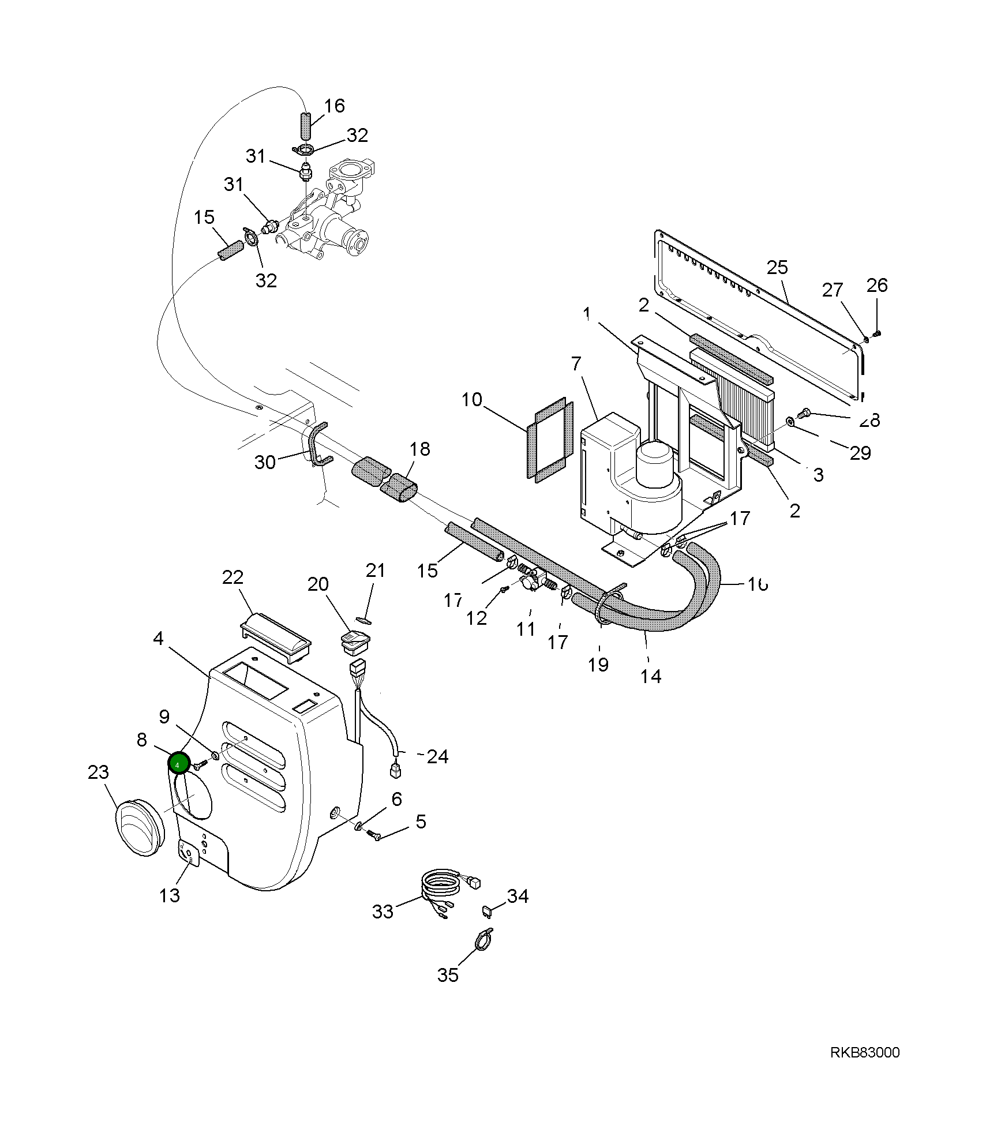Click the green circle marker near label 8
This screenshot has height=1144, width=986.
tap(178, 764)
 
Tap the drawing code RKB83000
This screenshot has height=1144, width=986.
tap(864, 1053)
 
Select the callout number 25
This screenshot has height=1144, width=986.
tap(777, 268)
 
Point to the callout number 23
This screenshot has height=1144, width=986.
tap(98, 772)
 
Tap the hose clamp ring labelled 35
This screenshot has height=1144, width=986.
tap(483, 941)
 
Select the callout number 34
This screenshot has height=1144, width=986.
tap(518, 896)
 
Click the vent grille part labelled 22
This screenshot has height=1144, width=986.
tap(275, 637)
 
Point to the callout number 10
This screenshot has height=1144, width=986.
tap(471, 399)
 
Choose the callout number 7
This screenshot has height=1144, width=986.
tap(575, 364)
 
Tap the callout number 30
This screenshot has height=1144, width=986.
tap(265, 462)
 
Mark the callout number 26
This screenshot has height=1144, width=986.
tap(877, 285)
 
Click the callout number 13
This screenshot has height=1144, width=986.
tap(170, 895)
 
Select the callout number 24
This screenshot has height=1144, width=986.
tap(437, 756)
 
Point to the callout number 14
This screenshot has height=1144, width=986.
tap(651, 676)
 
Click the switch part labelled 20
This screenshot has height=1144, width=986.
tap(354, 642)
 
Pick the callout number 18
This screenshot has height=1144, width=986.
tap(420, 449)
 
